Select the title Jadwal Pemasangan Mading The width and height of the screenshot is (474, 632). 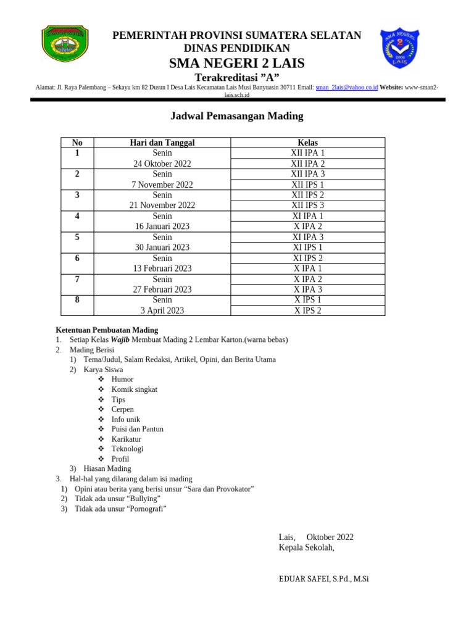[x=236, y=116]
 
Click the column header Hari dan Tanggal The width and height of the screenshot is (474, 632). [x=162, y=143]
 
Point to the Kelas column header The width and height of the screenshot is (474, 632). [x=307, y=143]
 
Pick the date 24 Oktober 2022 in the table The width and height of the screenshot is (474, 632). [x=162, y=164]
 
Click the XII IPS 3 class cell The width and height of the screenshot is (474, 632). [x=307, y=205]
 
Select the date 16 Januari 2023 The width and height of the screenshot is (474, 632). [x=162, y=227]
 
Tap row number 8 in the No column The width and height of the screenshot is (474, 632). [x=77, y=300]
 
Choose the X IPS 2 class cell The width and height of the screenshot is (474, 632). [x=307, y=310]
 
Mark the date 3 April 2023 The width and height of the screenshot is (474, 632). [x=162, y=310]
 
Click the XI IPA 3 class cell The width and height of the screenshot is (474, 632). [x=307, y=237]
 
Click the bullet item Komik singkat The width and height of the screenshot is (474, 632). [x=134, y=389]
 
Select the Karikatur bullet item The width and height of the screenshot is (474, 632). [x=126, y=439]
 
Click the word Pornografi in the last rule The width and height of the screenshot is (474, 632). [x=146, y=509]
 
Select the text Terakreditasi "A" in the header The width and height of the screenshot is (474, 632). [x=236, y=77]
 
